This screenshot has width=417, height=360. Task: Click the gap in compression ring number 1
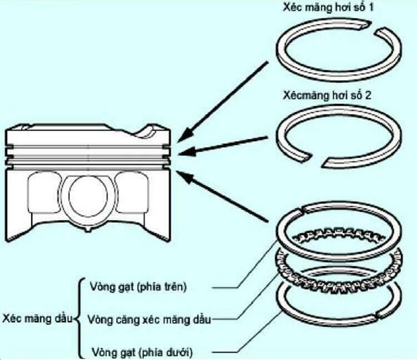374,27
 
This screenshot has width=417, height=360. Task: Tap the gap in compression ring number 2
317,159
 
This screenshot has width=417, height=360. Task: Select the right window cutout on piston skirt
132,192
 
